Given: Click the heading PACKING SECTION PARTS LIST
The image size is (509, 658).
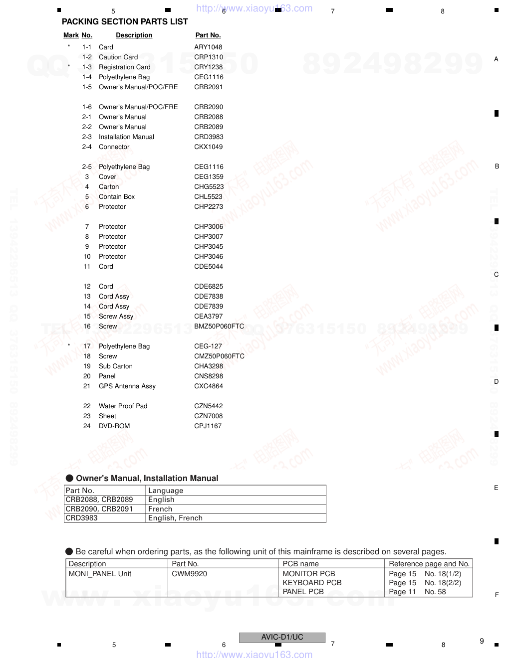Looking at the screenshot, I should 125,22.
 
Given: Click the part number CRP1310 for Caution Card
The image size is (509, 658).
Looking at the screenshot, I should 209,57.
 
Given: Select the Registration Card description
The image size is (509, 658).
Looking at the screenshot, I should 124,67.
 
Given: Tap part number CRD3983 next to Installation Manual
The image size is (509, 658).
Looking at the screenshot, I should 209,137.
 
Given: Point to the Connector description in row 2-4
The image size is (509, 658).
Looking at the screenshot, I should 114,147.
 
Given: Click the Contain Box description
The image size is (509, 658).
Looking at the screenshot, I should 117,197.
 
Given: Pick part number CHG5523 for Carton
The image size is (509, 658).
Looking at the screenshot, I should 209,187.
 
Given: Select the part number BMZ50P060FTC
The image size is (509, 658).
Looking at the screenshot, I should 219,327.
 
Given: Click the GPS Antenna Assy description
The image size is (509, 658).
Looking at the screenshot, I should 127,386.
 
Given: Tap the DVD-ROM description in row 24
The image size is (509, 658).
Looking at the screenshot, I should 114,426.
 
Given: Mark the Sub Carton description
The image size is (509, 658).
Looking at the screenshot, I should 116,366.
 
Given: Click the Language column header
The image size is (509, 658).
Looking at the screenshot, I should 166,491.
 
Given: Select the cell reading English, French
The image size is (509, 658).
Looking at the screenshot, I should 175,518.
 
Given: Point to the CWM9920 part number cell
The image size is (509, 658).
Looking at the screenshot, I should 189,574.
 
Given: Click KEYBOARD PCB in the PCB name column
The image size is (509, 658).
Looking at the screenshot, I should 312,583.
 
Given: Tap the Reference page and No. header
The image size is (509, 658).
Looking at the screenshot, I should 429,564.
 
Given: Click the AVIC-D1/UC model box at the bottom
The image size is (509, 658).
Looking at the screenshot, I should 282,637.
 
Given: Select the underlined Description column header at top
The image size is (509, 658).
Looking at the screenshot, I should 134,35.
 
